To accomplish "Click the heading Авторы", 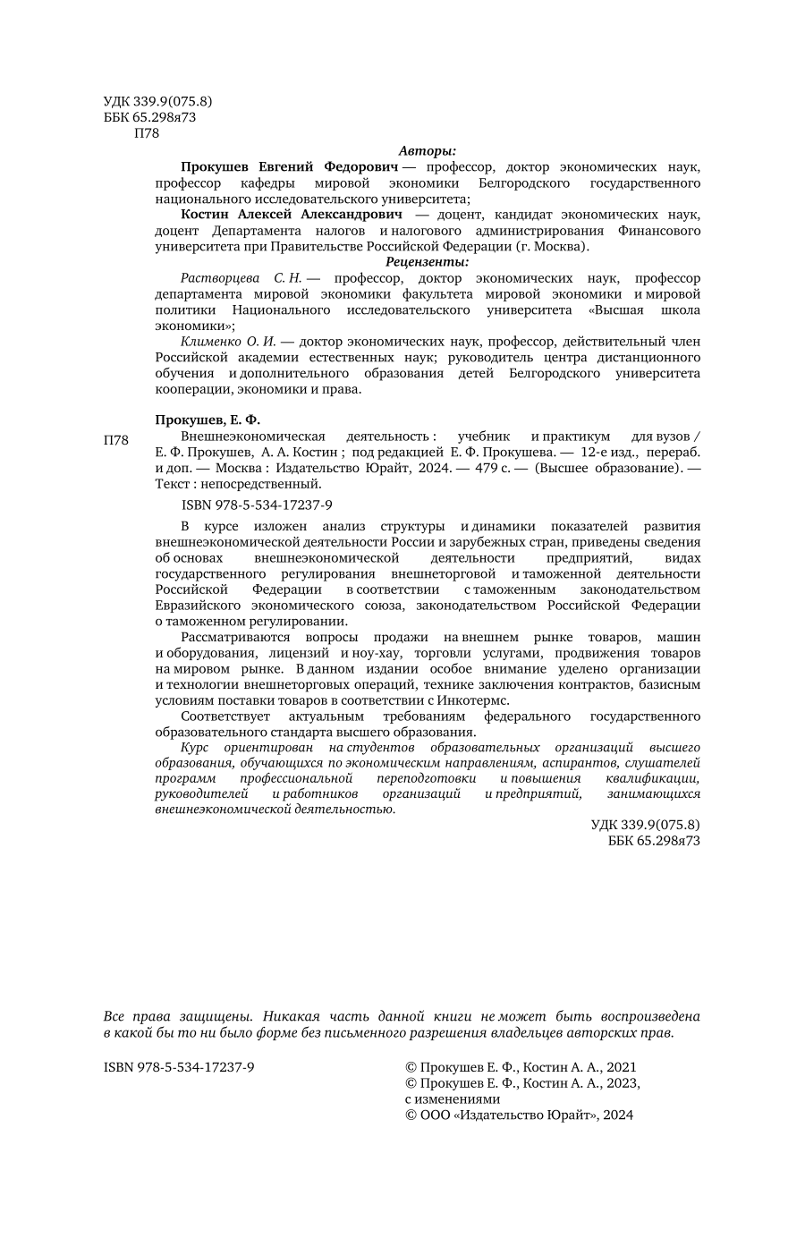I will [x=427, y=150].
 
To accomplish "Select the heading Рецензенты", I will [x=427, y=262].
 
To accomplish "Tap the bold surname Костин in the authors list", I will [x=206, y=215].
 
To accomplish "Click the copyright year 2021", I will [x=622, y=1067].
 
